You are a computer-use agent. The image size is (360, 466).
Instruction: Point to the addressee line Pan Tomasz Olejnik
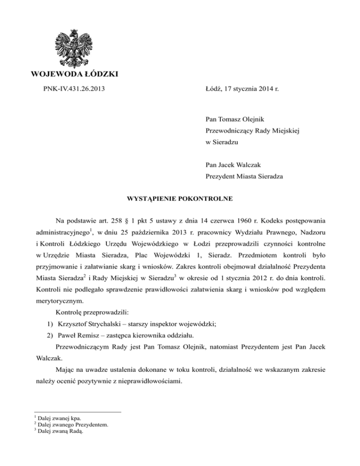pos(233,115)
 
